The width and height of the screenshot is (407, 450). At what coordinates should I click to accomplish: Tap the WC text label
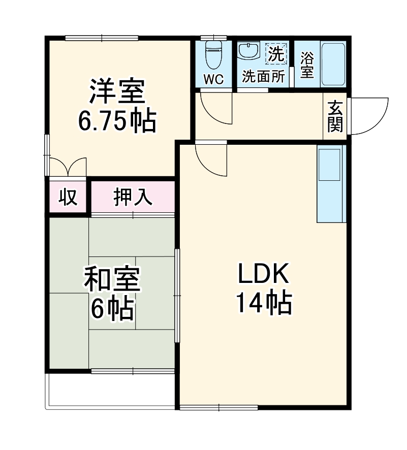(214, 79)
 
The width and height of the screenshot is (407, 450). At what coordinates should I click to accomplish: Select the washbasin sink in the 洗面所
(249, 51)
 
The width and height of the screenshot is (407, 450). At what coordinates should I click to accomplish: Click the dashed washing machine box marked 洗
(277, 54)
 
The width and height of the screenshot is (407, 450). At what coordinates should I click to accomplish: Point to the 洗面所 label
(263, 77)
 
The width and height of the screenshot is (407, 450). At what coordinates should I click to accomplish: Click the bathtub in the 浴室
(334, 65)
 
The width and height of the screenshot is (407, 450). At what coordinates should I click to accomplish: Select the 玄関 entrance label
(335, 116)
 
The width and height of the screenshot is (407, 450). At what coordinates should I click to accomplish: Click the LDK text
(263, 275)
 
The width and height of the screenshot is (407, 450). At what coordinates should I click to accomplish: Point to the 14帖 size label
(263, 303)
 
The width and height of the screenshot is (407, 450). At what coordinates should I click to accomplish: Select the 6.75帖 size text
(117, 120)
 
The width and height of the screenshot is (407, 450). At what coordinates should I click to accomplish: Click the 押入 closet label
(133, 197)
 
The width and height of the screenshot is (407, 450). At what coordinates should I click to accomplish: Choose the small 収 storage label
(68, 197)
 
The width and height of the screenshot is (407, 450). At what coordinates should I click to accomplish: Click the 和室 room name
(112, 279)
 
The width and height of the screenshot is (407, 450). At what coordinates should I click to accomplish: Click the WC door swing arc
(215, 109)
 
